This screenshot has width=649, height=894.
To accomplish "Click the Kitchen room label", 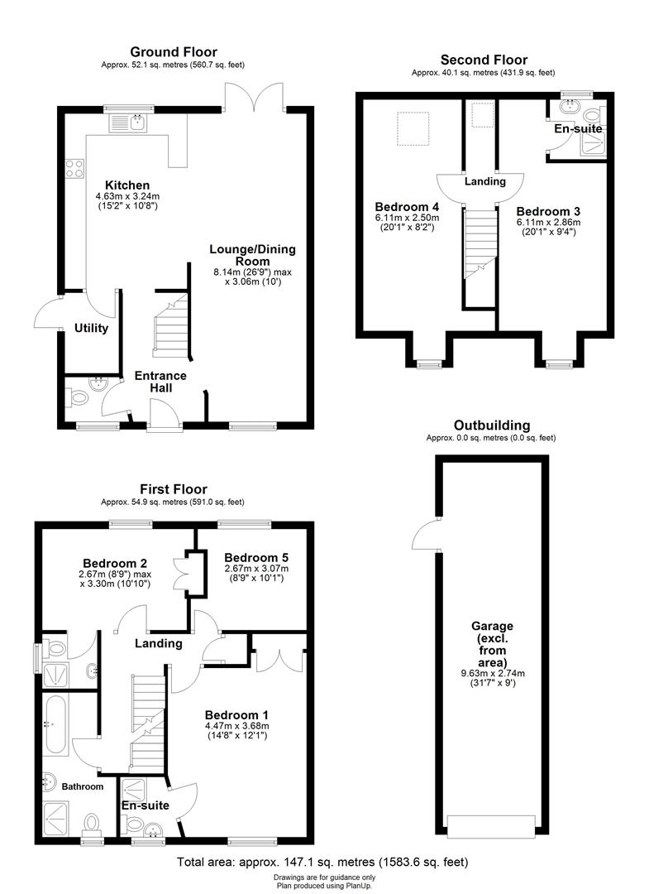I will [126, 185].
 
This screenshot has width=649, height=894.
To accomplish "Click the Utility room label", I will [91, 328].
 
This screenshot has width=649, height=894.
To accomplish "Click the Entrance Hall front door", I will [160, 414].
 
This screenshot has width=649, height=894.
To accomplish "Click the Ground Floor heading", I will [174, 51].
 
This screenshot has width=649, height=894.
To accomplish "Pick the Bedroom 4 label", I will [406, 207].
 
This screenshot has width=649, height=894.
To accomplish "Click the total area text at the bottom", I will [323, 863].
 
